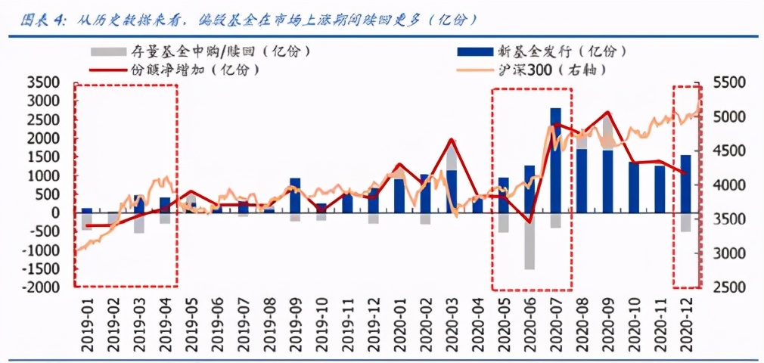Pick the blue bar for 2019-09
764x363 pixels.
coord(295,195)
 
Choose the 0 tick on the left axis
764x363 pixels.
coord(55,213)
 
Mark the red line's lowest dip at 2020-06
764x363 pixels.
coord(530,222)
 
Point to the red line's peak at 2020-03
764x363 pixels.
coord(452,140)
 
